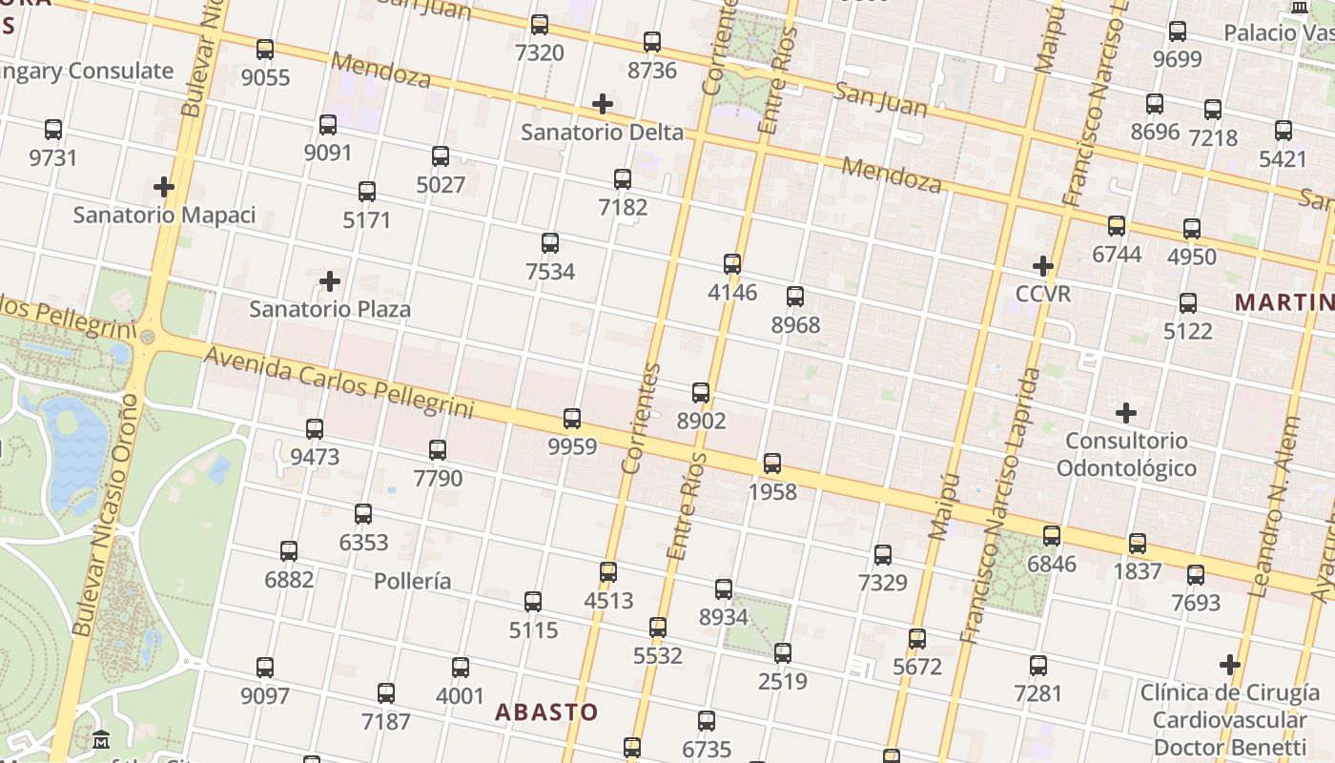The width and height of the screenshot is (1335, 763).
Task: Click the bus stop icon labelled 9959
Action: coord(572,418)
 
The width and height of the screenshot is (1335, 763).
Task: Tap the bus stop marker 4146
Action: coord(732,263)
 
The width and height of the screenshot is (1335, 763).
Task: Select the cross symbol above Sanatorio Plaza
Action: coord(330,281)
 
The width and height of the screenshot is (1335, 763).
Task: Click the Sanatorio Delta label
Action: coord(603,132)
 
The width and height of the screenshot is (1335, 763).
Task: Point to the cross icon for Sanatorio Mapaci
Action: coord(164,187)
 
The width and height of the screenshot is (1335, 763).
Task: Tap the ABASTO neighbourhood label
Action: coord(546,711)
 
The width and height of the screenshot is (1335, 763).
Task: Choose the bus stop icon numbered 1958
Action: coord(772,464)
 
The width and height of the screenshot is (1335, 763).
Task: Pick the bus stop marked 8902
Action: coord(701,392)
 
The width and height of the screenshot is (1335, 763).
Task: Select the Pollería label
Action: coord(413,581)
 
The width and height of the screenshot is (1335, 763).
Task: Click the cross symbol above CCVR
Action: coord(1043,266)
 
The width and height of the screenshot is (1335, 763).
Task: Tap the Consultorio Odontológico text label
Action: coord(1126,454)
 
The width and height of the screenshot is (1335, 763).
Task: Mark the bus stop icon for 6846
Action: coord(1052,535)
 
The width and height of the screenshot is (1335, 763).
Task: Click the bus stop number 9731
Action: coord(53,157)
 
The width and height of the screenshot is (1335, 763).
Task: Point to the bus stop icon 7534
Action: coord(550,242)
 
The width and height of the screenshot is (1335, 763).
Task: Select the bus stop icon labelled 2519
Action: coord(783,653)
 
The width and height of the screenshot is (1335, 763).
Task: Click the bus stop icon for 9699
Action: coord(1178,31)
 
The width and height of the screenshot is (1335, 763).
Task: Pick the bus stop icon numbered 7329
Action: coord(883,554)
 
